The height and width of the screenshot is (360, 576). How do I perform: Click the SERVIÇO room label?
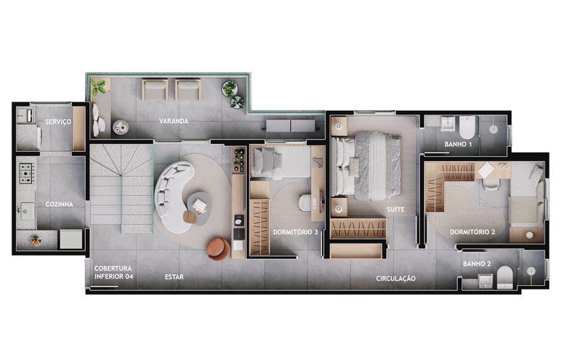(x=58, y=122)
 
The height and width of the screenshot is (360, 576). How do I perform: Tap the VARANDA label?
(x=174, y=121)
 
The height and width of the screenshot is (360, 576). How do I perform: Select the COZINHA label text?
(x=59, y=204)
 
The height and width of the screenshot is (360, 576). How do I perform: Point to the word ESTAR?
(x=174, y=277)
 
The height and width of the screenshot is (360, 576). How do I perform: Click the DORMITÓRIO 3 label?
(x=295, y=232)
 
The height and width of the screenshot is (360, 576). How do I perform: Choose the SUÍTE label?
(x=395, y=210)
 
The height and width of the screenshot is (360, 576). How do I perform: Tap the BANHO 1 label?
(x=458, y=145)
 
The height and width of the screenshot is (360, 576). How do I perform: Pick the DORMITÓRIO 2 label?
(x=472, y=232)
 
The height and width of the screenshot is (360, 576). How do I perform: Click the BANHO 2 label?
(x=477, y=264)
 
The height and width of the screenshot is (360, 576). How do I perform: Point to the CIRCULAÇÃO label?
(x=395, y=279)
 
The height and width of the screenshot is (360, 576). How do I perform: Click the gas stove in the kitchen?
(x=27, y=174)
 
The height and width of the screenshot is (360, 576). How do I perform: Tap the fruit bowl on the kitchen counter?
(x=35, y=240)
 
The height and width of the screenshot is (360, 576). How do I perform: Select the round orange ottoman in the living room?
(x=218, y=249)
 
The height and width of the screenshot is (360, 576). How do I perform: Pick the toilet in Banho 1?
(x=467, y=127)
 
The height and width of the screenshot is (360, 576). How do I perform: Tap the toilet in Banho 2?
(x=505, y=277)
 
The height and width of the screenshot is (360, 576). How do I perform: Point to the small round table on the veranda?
(x=120, y=127)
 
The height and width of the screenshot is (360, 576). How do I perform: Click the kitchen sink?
(x=27, y=211)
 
